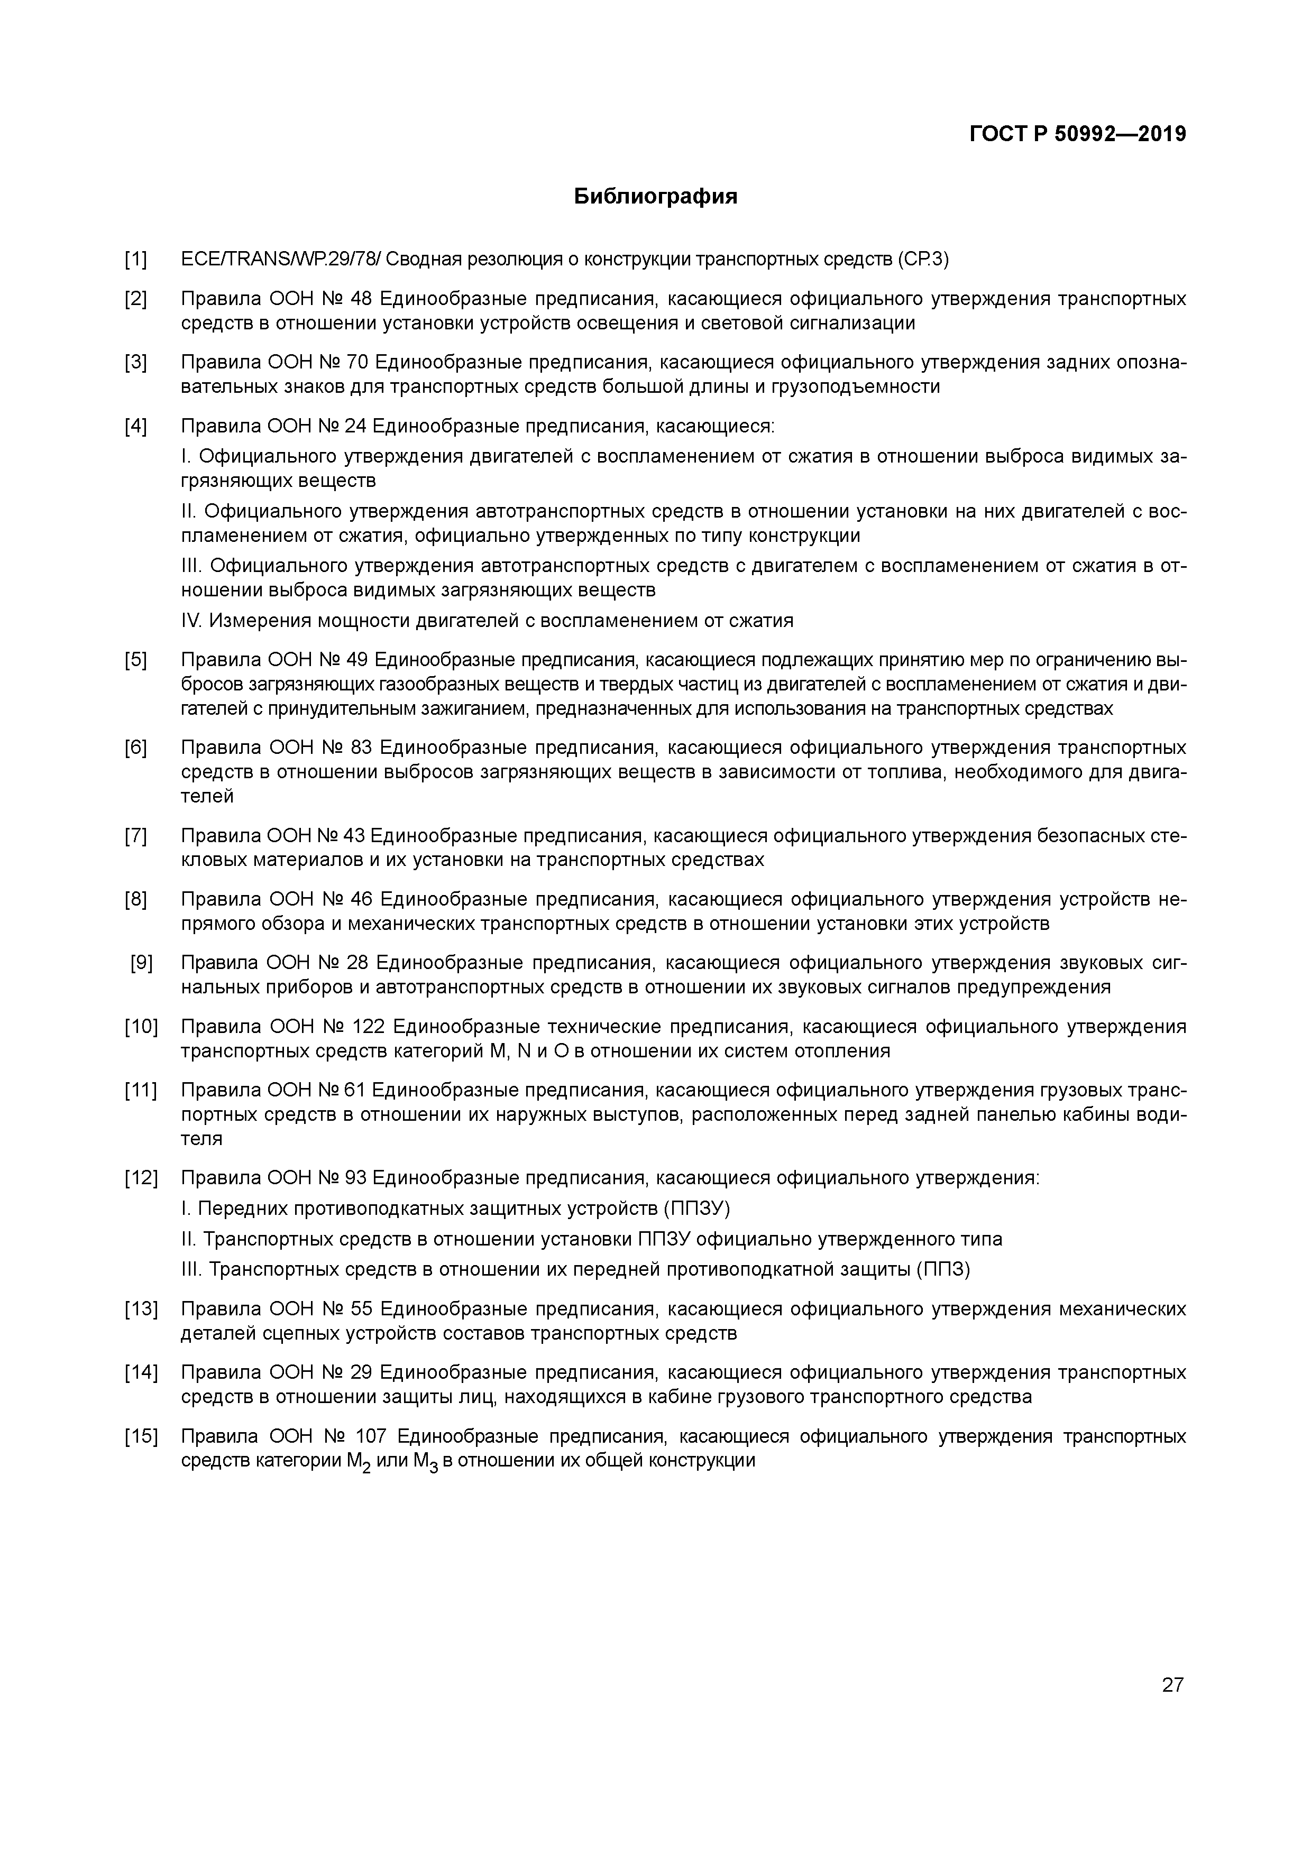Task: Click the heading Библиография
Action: tap(655, 196)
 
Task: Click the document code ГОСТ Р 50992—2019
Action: tap(1078, 134)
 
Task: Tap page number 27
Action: tap(1172, 1684)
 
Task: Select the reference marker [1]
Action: tap(136, 260)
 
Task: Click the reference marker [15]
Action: tap(141, 1436)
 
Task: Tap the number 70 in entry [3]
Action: tap(356, 363)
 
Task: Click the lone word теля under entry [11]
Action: tap(201, 1139)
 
